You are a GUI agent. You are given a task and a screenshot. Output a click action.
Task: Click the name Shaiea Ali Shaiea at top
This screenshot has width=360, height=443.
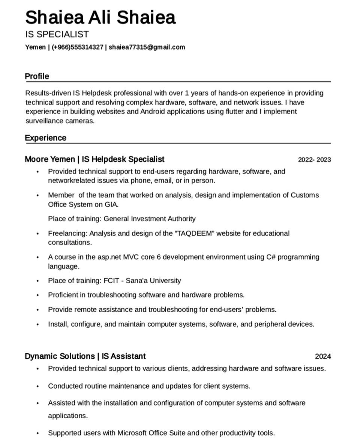click(x=100, y=18)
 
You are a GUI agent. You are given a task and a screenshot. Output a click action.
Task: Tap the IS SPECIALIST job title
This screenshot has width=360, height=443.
click(x=57, y=35)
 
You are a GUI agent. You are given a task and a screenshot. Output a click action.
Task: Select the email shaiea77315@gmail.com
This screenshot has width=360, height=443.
click(x=147, y=47)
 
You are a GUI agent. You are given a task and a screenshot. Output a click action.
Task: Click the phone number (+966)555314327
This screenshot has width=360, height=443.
click(x=78, y=47)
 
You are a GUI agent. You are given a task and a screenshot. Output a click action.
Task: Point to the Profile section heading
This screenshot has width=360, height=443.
click(x=37, y=77)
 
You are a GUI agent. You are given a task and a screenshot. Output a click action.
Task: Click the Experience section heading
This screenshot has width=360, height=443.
click(x=45, y=138)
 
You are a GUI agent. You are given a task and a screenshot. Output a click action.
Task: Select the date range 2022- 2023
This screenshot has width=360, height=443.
click(x=314, y=160)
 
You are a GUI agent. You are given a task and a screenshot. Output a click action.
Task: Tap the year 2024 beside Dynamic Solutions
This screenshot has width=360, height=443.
click(x=322, y=356)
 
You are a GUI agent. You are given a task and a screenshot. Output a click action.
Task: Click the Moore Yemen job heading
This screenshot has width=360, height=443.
click(x=94, y=159)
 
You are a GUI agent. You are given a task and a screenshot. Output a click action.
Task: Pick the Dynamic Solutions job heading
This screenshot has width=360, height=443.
click(x=85, y=356)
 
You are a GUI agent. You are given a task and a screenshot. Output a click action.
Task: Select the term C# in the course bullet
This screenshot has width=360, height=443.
click(x=271, y=257)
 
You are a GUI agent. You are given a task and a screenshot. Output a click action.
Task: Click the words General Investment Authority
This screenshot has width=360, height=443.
click(x=149, y=219)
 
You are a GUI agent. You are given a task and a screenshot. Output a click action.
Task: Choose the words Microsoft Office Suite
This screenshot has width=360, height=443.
click(x=151, y=433)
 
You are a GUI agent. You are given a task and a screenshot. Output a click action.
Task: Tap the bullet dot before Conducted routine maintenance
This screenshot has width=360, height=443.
click(x=37, y=386)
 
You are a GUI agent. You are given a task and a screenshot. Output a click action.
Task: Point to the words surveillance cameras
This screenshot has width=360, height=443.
click(x=60, y=121)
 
